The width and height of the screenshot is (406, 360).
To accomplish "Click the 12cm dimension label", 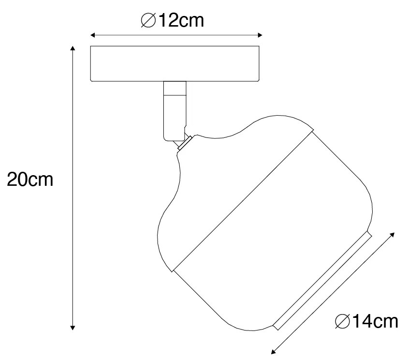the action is click(x=173, y=20).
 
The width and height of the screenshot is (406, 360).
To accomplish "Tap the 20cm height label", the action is click(x=30, y=179).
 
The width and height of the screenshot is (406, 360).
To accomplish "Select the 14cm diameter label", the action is click(x=366, y=321).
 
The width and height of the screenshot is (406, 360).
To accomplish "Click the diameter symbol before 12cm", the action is click(x=148, y=20).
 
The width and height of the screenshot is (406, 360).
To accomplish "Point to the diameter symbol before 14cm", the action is click(x=342, y=321).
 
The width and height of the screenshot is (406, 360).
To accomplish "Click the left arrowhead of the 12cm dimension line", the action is click(x=92, y=35).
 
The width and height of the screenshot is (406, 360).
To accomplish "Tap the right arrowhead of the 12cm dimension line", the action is click(x=260, y=35).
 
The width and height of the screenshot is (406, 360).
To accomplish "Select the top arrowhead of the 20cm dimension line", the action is click(x=73, y=48).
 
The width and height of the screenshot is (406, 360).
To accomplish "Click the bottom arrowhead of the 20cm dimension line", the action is click(x=73, y=328).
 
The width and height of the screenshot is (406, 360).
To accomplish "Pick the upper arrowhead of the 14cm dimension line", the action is click(x=392, y=235).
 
